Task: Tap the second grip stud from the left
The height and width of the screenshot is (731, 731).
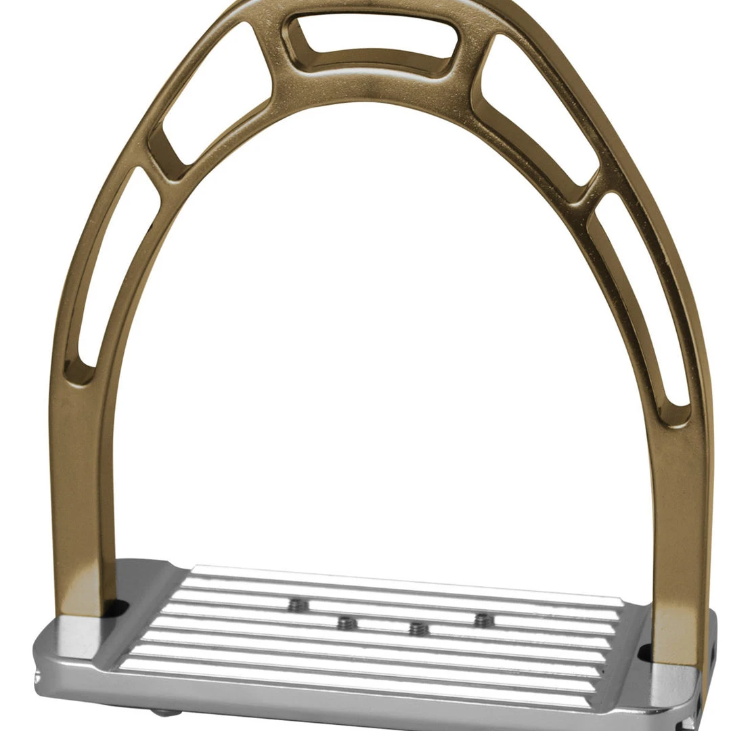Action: tap(347, 623)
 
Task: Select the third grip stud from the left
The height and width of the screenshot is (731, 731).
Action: tap(418, 629)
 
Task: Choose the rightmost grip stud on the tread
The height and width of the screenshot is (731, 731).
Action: tap(483, 619)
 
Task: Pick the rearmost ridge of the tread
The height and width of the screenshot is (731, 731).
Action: tap(406, 577)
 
